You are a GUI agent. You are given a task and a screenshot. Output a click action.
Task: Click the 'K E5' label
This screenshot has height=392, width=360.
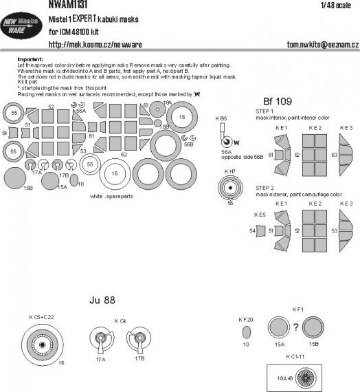(259, 215)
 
